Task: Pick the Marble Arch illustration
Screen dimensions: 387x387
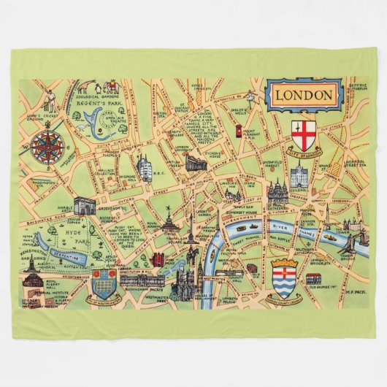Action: coord(86,207)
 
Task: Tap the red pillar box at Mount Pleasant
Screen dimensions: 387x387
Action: coord(238,130)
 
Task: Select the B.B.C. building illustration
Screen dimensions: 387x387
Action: coord(146,169)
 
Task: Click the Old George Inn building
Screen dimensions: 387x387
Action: coord(314,278)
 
